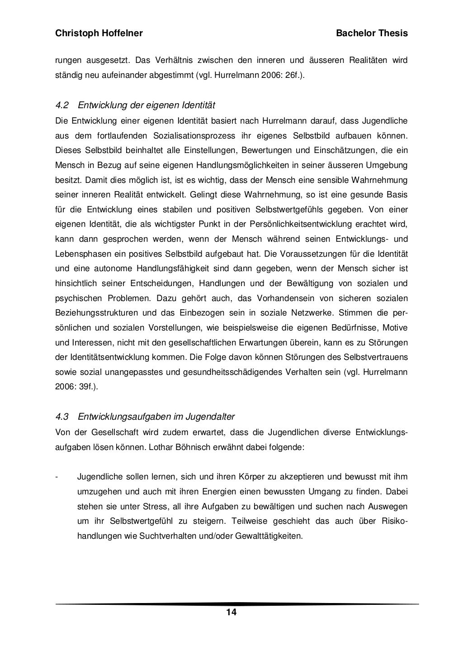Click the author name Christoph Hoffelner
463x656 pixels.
pos(99,34)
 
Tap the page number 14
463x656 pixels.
pos(231,613)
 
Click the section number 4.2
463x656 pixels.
pos(61,105)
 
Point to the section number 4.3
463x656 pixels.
pos(61,416)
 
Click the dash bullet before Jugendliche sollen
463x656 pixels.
pos(57,477)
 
